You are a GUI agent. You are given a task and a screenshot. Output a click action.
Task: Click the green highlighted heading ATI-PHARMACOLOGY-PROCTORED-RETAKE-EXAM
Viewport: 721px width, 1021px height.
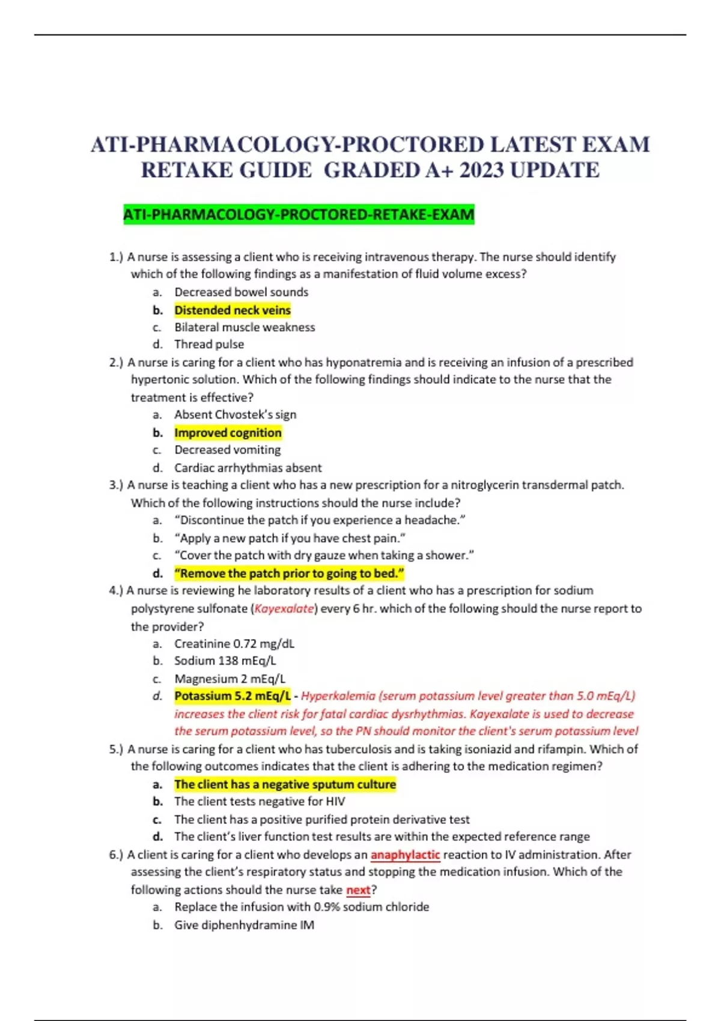[299, 214]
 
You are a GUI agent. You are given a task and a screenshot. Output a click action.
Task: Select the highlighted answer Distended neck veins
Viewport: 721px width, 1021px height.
[233, 310]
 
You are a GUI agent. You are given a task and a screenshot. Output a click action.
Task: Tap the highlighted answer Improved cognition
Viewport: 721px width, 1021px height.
[228, 432]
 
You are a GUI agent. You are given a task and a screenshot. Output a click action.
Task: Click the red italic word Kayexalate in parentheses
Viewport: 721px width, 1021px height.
[284, 608]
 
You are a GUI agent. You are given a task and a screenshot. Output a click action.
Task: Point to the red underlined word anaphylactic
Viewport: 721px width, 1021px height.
[405, 855]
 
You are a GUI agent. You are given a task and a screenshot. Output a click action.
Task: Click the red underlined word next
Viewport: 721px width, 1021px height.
[358, 889]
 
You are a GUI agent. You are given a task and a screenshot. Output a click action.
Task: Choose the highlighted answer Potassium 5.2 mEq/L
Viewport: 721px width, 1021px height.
[233, 696]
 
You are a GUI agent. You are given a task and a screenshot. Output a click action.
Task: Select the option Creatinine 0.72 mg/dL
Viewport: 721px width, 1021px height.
[234, 644]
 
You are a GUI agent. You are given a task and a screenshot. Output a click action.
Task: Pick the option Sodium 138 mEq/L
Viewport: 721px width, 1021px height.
[225, 661]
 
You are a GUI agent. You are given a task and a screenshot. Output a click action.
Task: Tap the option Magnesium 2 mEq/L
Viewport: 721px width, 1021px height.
[230, 679]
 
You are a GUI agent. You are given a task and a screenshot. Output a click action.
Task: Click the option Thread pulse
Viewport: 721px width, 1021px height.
[209, 344]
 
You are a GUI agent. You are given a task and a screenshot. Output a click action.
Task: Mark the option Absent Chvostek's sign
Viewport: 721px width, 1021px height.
[235, 414]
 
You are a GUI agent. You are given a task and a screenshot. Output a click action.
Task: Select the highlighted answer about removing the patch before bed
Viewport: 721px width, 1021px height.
[289, 573]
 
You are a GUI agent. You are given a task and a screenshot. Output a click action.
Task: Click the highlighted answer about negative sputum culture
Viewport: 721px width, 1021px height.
[285, 784]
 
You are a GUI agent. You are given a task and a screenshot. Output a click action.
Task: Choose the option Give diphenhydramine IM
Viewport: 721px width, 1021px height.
[244, 925]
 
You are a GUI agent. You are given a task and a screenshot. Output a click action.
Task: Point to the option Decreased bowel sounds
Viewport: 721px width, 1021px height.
[241, 292]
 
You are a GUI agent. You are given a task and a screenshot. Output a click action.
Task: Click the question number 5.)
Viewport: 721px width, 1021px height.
[116, 749]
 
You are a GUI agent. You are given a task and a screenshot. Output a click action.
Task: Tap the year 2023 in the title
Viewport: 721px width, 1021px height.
[482, 171]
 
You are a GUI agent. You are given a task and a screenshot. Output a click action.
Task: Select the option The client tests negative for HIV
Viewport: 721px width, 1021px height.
[260, 801]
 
